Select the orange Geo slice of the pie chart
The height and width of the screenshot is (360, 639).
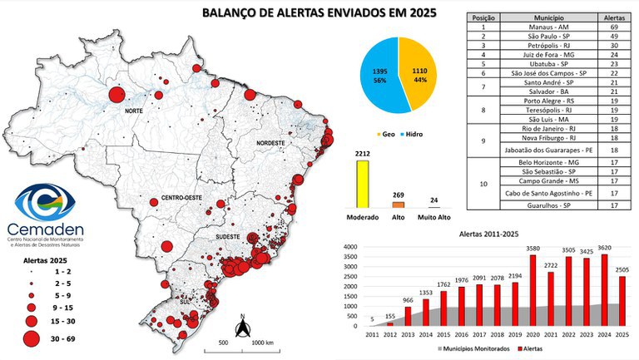(424, 76)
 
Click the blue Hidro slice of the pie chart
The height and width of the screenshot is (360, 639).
(379, 76)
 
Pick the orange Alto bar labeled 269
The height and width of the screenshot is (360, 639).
(398, 204)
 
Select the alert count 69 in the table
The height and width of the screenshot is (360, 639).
(616, 27)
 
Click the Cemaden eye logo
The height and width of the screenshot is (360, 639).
(47, 203)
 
